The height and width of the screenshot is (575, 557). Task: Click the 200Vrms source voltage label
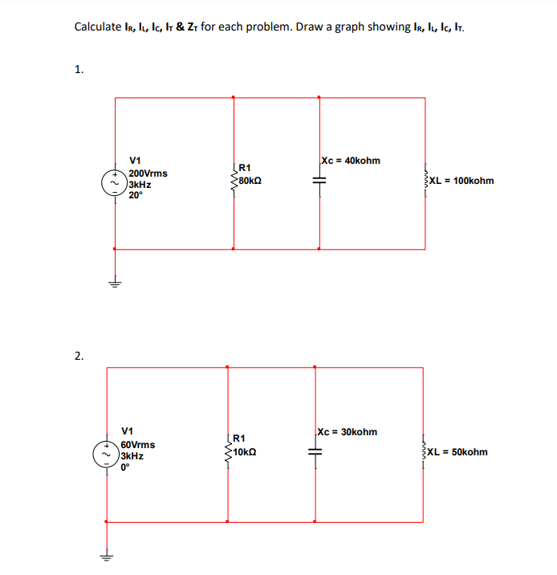(x=148, y=173)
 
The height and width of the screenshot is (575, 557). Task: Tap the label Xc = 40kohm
(x=350, y=161)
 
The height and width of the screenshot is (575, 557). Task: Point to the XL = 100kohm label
(x=461, y=181)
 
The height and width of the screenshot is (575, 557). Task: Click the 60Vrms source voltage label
(x=138, y=445)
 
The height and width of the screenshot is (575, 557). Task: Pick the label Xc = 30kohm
(x=347, y=432)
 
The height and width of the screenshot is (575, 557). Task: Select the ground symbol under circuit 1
(x=115, y=282)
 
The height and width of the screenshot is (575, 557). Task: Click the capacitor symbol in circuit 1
(x=320, y=182)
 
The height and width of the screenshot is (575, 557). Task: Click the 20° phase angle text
(x=135, y=194)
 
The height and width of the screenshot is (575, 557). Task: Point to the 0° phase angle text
(x=125, y=466)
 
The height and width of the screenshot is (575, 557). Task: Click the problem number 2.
(x=78, y=356)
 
